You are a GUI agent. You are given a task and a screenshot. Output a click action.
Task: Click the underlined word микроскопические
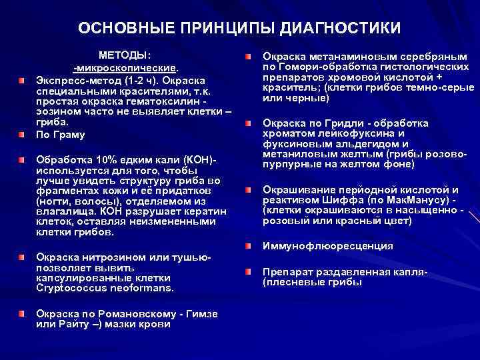[127, 67]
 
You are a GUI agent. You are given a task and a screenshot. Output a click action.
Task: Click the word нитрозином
[104, 257]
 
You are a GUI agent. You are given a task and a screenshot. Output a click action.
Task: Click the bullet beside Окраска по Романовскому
[22, 313]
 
